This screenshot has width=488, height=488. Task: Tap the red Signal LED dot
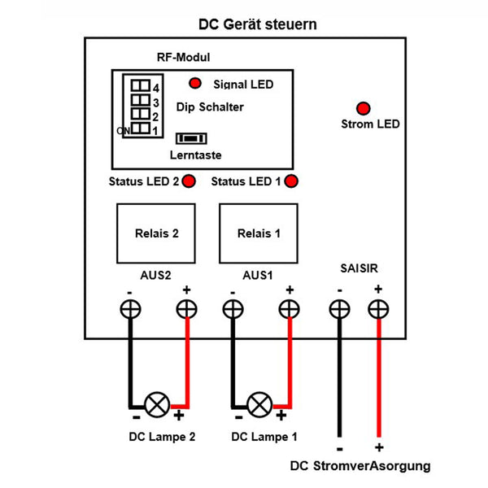point(195,83)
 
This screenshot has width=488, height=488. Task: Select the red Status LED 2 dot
point(189,181)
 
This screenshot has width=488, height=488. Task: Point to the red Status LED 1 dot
point(290,181)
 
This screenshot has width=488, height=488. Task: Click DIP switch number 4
point(141,85)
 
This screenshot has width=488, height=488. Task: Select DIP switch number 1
point(141,129)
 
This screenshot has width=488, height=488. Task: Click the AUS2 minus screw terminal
point(129,309)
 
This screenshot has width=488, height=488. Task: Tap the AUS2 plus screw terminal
point(187,309)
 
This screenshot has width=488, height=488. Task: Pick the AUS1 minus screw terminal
point(233,309)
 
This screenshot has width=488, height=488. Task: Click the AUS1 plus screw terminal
point(289,309)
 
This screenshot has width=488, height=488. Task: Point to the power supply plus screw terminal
point(378,309)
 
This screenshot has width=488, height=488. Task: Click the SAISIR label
point(359,267)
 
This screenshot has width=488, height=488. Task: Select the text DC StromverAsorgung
point(360,466)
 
